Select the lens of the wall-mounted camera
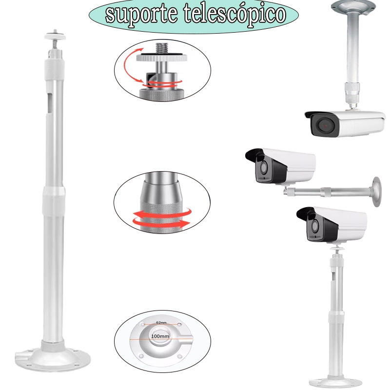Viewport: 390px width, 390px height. [262, 168]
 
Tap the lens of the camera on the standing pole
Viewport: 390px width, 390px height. [314, 226]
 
